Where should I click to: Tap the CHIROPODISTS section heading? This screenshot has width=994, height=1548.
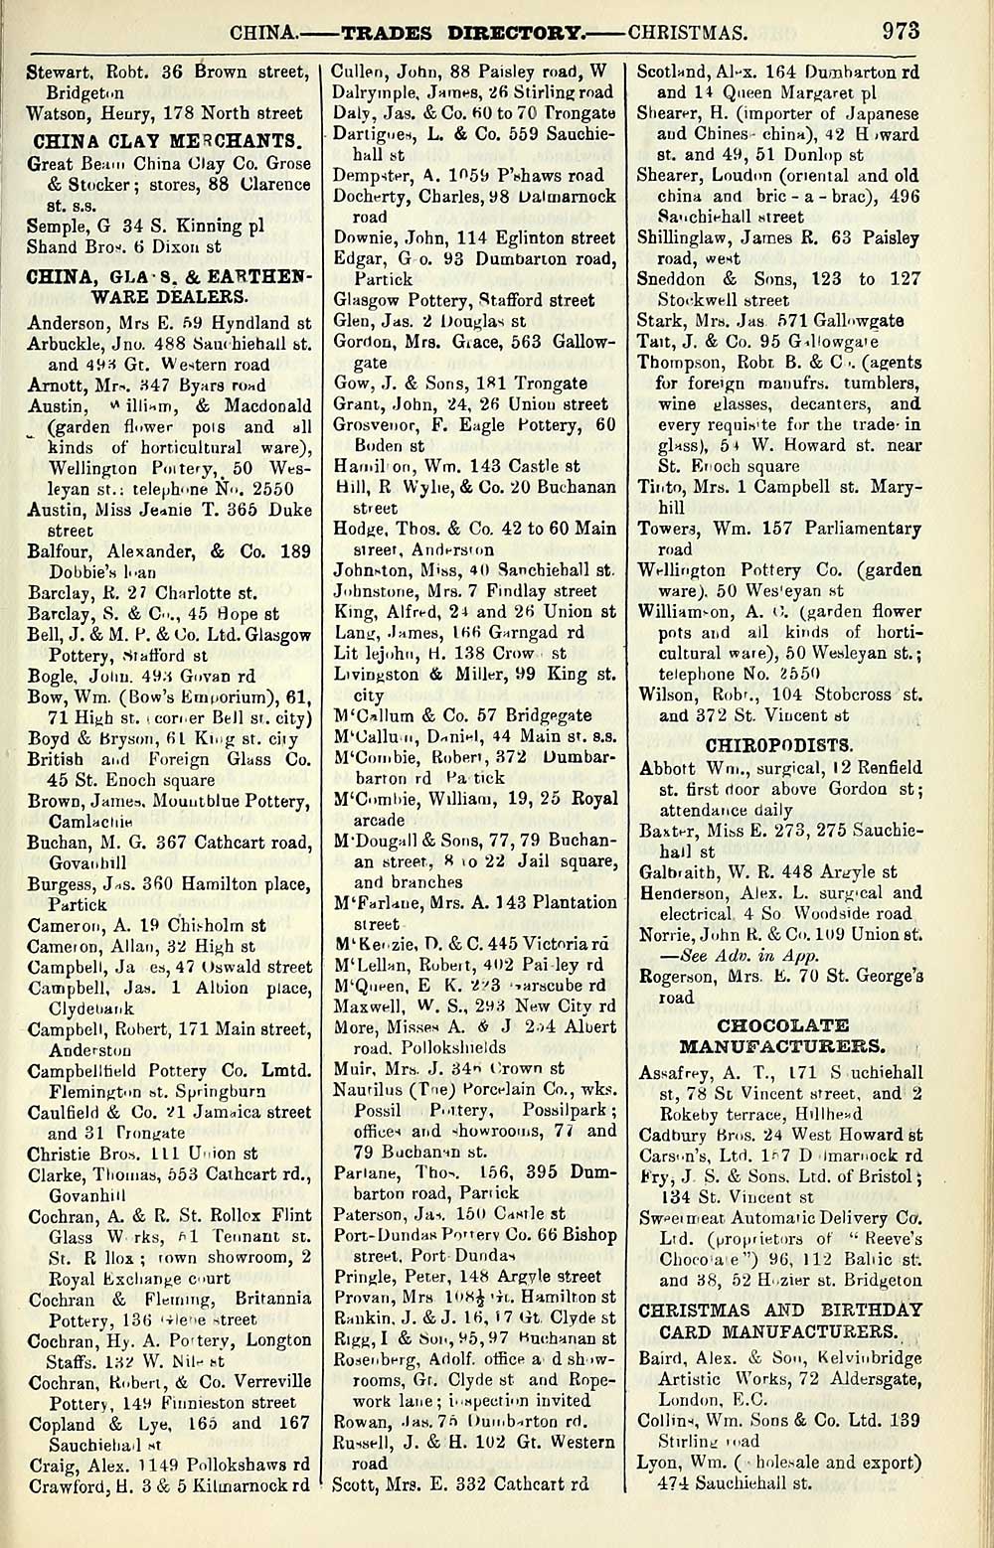pos(777,743)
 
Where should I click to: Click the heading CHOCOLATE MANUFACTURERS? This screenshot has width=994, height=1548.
pos(783,1035)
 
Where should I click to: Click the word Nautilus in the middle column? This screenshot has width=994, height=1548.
pos(365,1089)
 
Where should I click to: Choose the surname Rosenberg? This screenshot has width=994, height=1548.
pos(376,1358)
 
